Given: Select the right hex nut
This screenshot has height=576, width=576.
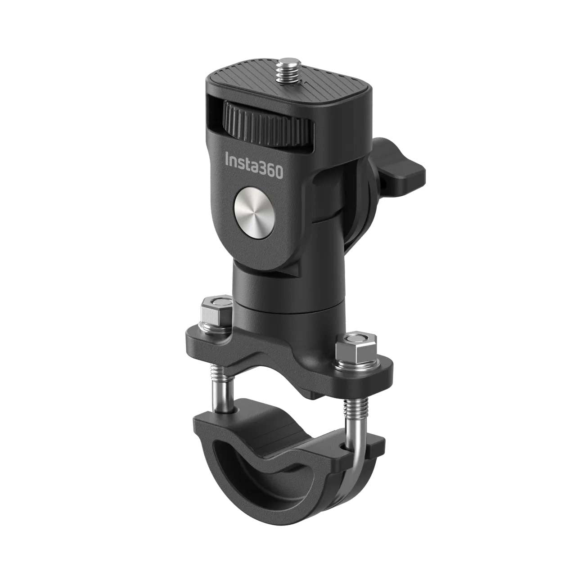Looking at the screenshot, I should pos(355,344).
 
